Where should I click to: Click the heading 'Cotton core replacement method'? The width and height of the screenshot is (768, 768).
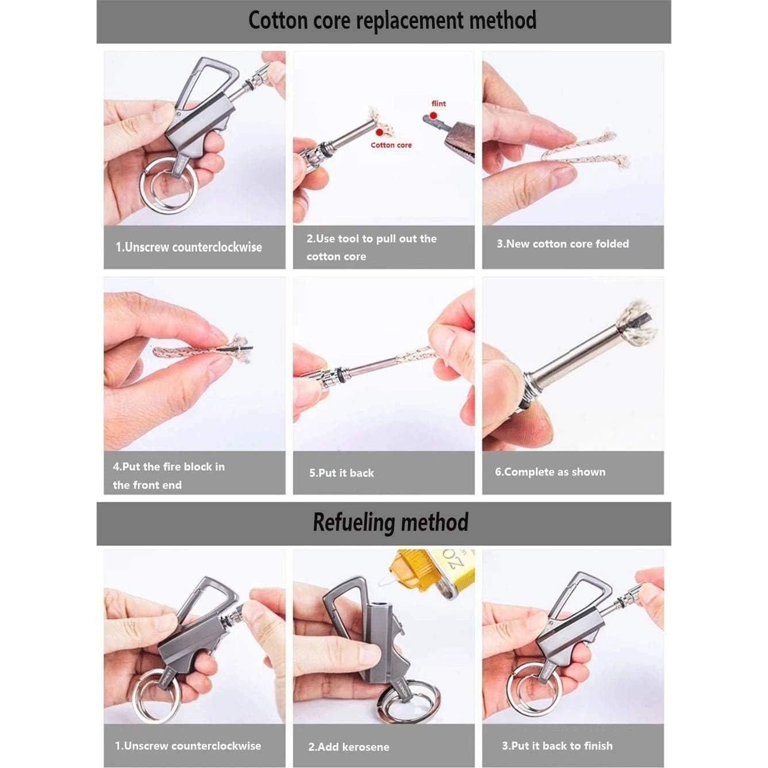point(392,21)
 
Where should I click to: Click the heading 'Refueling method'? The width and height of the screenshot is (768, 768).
point(390,523)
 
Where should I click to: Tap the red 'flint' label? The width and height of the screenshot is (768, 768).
point(439,103)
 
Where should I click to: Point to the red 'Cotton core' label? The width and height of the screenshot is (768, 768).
point(391,145)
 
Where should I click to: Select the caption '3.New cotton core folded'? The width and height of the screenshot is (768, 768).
point(563,244)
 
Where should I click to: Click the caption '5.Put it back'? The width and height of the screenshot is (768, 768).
point(341,473)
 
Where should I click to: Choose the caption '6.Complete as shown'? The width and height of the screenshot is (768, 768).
point(550,472)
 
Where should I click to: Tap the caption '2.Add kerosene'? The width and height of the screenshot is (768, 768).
point(348,747)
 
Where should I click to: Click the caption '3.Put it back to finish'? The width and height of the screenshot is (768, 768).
point(557,746)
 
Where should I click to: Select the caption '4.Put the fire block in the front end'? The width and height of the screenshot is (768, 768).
point(169,475)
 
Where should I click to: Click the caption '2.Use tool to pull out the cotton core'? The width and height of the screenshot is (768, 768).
point(371,247)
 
